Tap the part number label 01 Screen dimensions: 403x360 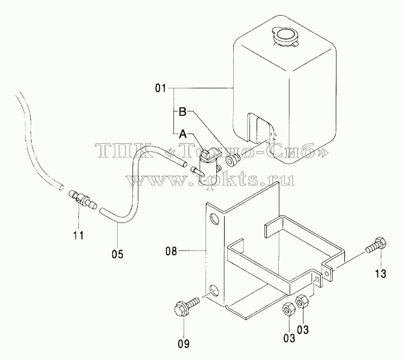[x=161, y=88]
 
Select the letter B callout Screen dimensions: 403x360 [x=182, y=112]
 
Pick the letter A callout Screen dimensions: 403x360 [x=183, y=133]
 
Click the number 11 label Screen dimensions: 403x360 [x=79, y=235]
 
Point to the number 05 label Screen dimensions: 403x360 [x=117, y=254]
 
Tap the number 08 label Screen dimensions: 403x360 [x=171, y=251]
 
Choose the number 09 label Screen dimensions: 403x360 [x=184, y=344]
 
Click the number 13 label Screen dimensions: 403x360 [x=381, y=274]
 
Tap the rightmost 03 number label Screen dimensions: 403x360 [x=303, y=330]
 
